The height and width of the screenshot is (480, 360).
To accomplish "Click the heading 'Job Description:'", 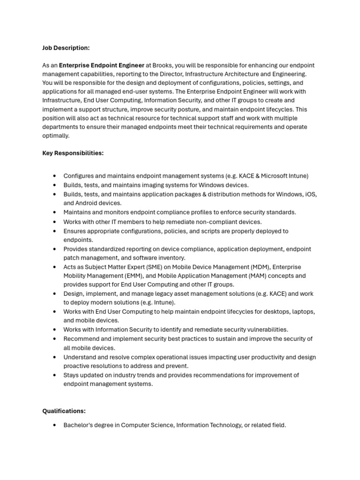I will coord(66,48).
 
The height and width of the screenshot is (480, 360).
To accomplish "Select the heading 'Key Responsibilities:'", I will coord(73,153).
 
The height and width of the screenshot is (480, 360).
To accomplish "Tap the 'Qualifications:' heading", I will coord(64,411).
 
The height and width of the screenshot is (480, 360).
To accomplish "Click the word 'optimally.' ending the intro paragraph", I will coord(55,135).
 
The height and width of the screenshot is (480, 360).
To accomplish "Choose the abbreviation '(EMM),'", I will coord(134,276).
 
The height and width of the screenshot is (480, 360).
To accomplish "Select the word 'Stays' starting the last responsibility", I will coord(72,375).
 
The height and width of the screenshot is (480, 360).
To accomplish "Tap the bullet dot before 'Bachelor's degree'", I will coord(55,425).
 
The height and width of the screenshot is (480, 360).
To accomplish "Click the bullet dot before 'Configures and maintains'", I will coord(55,176).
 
